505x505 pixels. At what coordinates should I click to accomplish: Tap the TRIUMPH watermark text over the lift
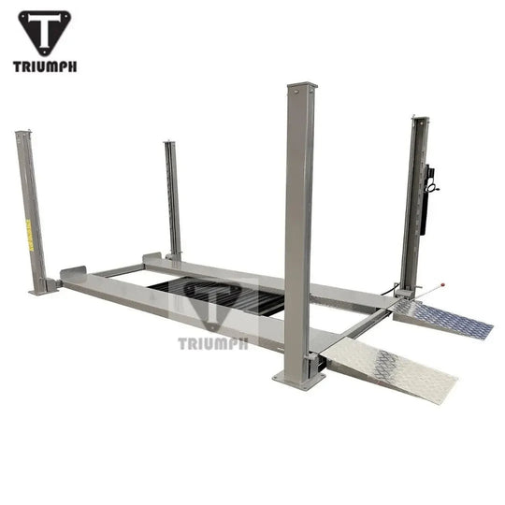[213, 343]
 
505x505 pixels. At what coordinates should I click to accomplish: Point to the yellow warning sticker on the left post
[28, 234]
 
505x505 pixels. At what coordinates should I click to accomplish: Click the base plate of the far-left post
[43, 291]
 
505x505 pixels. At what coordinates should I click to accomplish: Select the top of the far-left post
[21, 135]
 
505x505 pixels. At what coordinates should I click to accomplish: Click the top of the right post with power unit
[420, 120]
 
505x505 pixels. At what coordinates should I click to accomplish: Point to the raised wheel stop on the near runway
[72, 273]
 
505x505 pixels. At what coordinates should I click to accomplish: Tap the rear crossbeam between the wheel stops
[117, 271]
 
